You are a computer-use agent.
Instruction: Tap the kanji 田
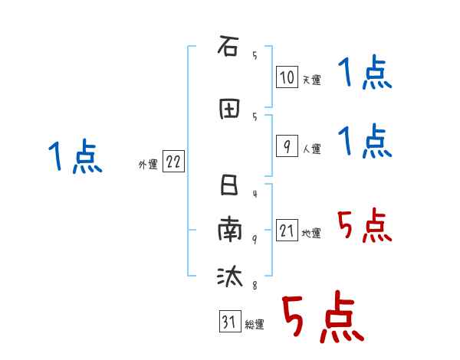[228, 110]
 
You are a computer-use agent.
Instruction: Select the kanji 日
[228, 186]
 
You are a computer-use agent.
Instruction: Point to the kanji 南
[228, 230]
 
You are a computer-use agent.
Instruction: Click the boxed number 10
[286, 77]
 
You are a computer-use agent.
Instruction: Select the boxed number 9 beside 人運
[286, 147]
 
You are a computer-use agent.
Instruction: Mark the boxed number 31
[228, 322]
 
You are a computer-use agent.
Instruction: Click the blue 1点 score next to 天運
[365, 74]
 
